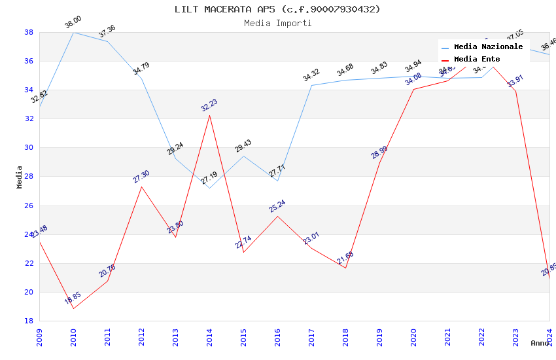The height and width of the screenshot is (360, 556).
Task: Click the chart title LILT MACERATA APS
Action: pos(277,9)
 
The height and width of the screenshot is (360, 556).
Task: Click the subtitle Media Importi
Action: pos(277,24)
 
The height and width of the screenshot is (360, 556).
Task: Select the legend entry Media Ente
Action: pos(476,60)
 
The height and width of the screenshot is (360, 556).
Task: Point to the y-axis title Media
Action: pos(20,177)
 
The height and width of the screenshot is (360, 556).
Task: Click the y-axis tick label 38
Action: pos(29,32)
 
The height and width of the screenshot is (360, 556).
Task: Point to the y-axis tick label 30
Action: pos(29,148)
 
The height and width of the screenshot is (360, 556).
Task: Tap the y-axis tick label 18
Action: pos(29,321)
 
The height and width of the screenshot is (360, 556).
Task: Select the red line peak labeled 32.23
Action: pos(209,115)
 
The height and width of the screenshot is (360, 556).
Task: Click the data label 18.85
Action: pos(73,299)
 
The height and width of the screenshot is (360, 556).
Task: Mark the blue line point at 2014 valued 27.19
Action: pos(209,188)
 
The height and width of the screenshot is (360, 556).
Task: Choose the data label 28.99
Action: pos(379,153)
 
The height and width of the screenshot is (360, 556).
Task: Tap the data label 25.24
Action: pos(277,206)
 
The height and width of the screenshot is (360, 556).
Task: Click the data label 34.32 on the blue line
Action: pos(311,76)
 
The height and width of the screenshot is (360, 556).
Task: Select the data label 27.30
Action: pos(141,177)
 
